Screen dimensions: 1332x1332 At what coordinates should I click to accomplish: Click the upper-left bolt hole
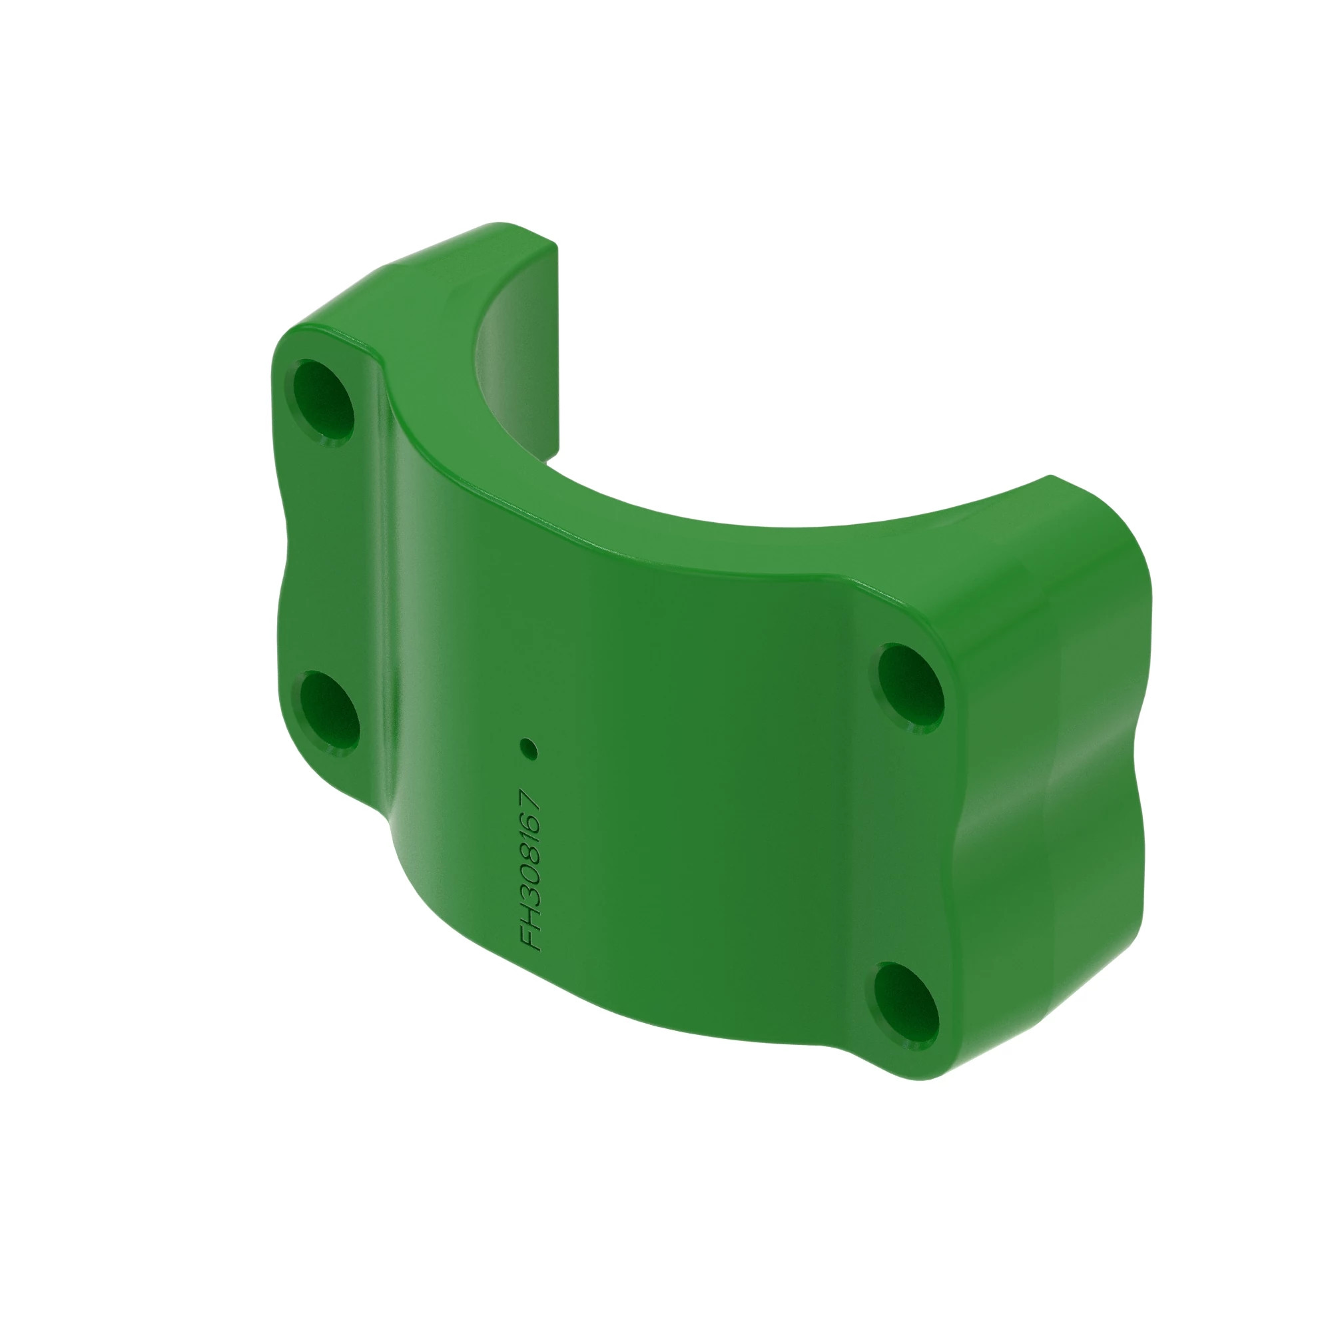point(324,400)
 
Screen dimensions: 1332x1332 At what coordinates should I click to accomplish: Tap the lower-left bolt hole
point(330,713)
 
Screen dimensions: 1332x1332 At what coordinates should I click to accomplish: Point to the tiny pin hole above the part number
point(528,747)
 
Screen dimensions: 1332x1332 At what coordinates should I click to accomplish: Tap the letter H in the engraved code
point(533,919)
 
